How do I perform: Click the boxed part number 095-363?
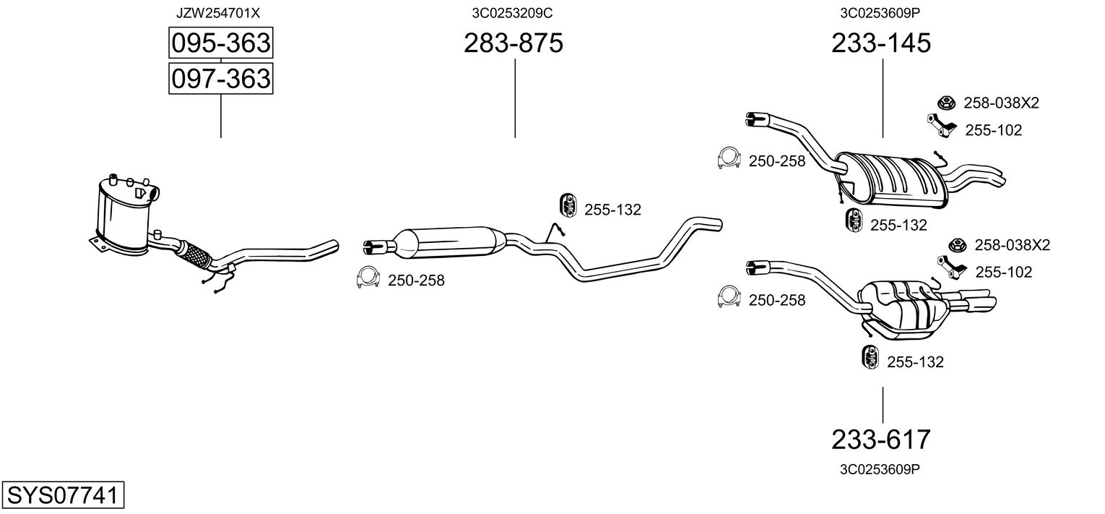coord(220,43)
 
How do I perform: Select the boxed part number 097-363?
coord(220,78)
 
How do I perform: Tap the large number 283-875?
coord(513,43)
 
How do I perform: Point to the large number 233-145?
coord(881,43)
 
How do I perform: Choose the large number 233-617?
coord(881,439)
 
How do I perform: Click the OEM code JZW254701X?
coord(218,12)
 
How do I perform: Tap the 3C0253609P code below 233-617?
coord(879,469)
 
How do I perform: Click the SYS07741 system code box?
coord(63,496)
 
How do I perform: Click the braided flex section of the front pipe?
coord(195,254)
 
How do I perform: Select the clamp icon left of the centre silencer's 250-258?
coord(369,278)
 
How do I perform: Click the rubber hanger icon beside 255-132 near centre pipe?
coord(568,205)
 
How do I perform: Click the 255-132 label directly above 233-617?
coord(914,362)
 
